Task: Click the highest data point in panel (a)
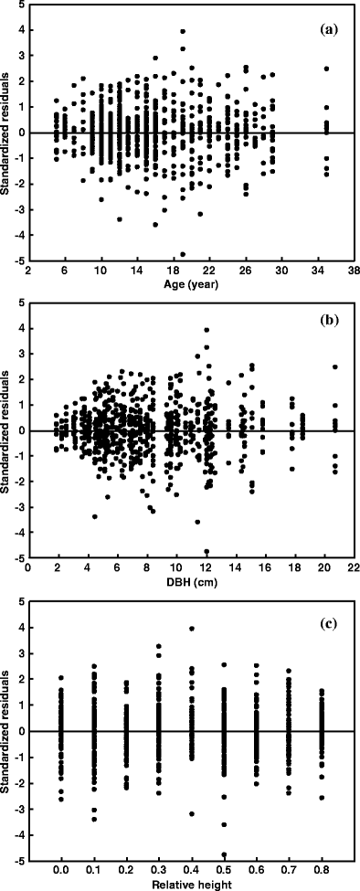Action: pos(183,32)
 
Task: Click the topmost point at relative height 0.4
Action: pos(192,628)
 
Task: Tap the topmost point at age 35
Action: pos(326,69)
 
